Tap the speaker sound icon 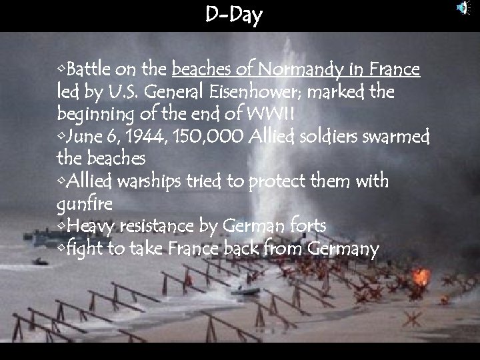(x=462, y=8)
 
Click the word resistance (x=158, y=227)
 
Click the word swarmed (x=397, y=137)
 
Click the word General (x=164, y=91)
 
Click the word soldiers (x=324, y=137)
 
